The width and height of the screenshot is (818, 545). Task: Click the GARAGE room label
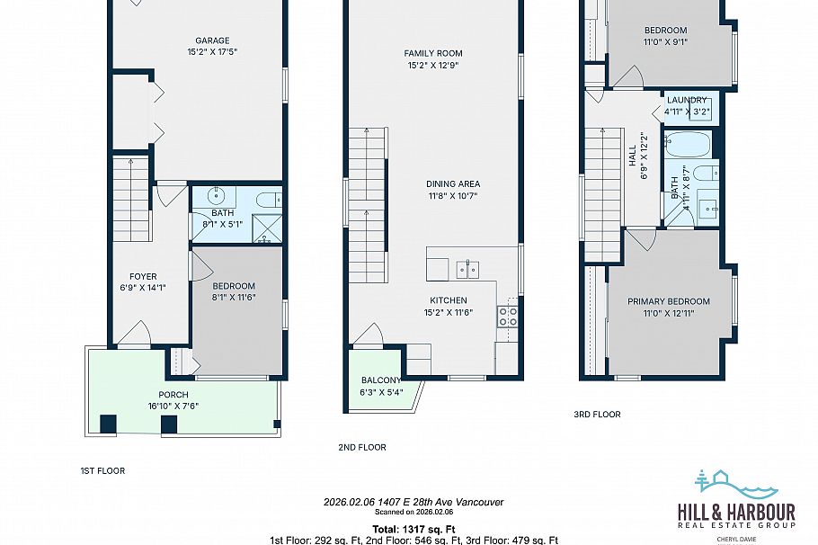[213, 40]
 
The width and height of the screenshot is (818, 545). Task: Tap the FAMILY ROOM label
[432, 54]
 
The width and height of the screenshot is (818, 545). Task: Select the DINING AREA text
[453, 183]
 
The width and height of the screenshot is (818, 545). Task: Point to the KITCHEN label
[449, 300]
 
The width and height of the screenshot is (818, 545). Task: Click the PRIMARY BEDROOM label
[668, 302]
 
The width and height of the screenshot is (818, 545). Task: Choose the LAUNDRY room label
[687, 100]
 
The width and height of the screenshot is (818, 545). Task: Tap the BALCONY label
[382, 380]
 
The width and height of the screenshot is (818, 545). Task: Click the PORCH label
[173, 395]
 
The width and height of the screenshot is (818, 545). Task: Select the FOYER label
[143, 277]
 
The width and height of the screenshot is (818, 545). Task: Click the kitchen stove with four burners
[508, 316]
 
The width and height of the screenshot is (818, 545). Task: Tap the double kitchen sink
[467, 268]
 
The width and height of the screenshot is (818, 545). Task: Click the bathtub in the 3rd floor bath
[688, 144]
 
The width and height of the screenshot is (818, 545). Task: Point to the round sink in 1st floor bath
[218, 196]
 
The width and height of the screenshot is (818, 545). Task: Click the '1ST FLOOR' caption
[102, 470]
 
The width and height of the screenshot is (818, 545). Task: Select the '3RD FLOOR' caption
[597, 415]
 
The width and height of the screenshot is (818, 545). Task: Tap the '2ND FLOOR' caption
[362, 447]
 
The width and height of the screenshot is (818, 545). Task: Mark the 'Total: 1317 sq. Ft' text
[413, 528]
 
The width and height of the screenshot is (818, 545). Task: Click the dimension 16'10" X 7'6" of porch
[173, 406]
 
